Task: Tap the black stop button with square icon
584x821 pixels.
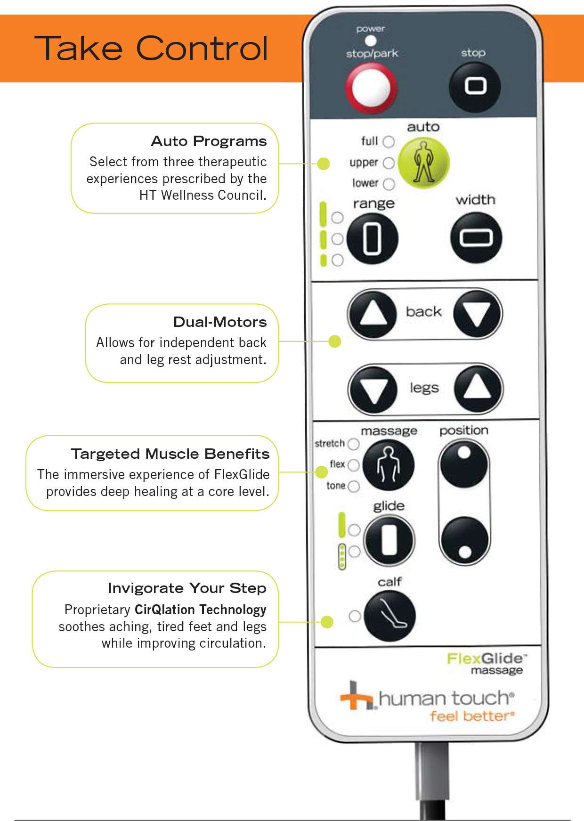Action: coord(475,87)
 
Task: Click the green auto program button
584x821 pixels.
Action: coord(423,163)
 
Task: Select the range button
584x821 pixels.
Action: coord(372,239)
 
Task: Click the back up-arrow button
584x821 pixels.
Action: coord(373,314)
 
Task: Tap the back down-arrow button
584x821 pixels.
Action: coord(477,314)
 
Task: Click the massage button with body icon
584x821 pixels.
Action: coord(389,465)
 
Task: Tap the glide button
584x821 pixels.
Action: coord(389,540)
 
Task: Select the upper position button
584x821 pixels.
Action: coord(464,464)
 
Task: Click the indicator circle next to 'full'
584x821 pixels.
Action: coord(389,142)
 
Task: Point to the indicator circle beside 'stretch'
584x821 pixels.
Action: coord(353,444)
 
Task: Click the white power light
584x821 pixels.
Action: coord(371,41)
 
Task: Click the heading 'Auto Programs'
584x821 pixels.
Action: coord(209,141)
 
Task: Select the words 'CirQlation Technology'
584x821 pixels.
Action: coord(200,610)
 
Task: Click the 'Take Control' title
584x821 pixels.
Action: coord(151,49)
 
